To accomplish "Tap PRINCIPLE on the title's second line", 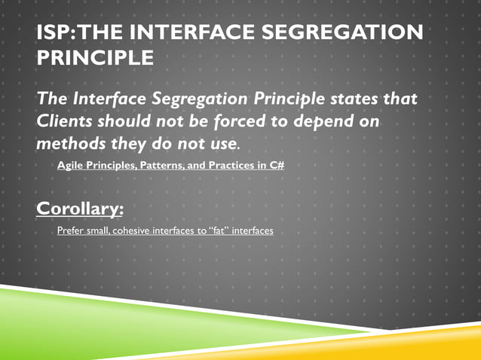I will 95,57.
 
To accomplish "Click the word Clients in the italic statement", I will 67,121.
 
